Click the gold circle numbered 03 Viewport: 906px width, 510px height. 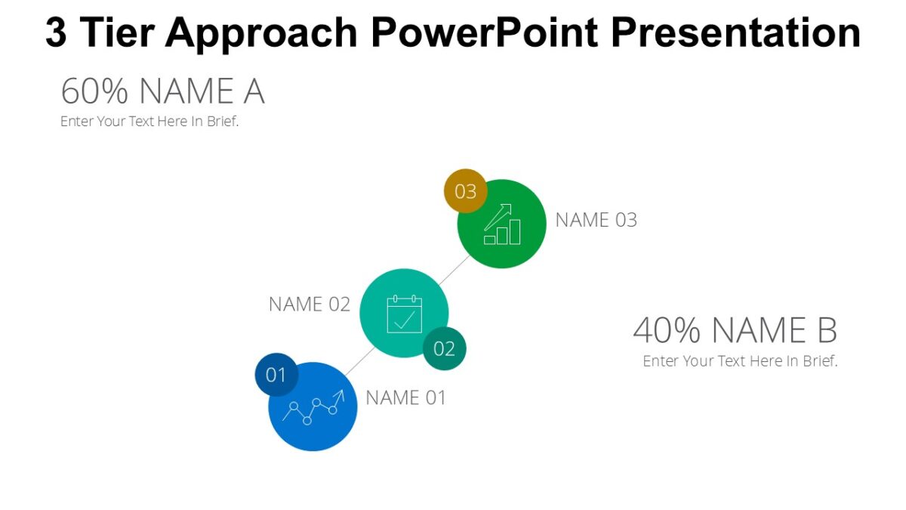click(x=465, y=191)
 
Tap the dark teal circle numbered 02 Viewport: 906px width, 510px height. click(x=444, y=348)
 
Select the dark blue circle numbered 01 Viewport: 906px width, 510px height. click(x=276, y=374)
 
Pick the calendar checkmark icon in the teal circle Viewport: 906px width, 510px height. click(x=405, y=314)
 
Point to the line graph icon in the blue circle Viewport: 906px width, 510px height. click(x=313, y=407)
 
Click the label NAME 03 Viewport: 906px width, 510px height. click(x=596, y=220)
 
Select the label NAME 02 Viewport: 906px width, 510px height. click(x=310, y=304)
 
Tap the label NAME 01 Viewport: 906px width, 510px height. click(x=406, y=397)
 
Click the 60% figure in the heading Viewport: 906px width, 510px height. click(x=95, y=91)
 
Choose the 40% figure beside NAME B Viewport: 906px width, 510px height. click(x=667, y=330)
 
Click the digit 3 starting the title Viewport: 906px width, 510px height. click(x=56, y=32)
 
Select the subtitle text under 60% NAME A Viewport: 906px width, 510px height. click(x=149, y=121)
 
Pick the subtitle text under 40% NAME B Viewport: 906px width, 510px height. click(x=740, y=361)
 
